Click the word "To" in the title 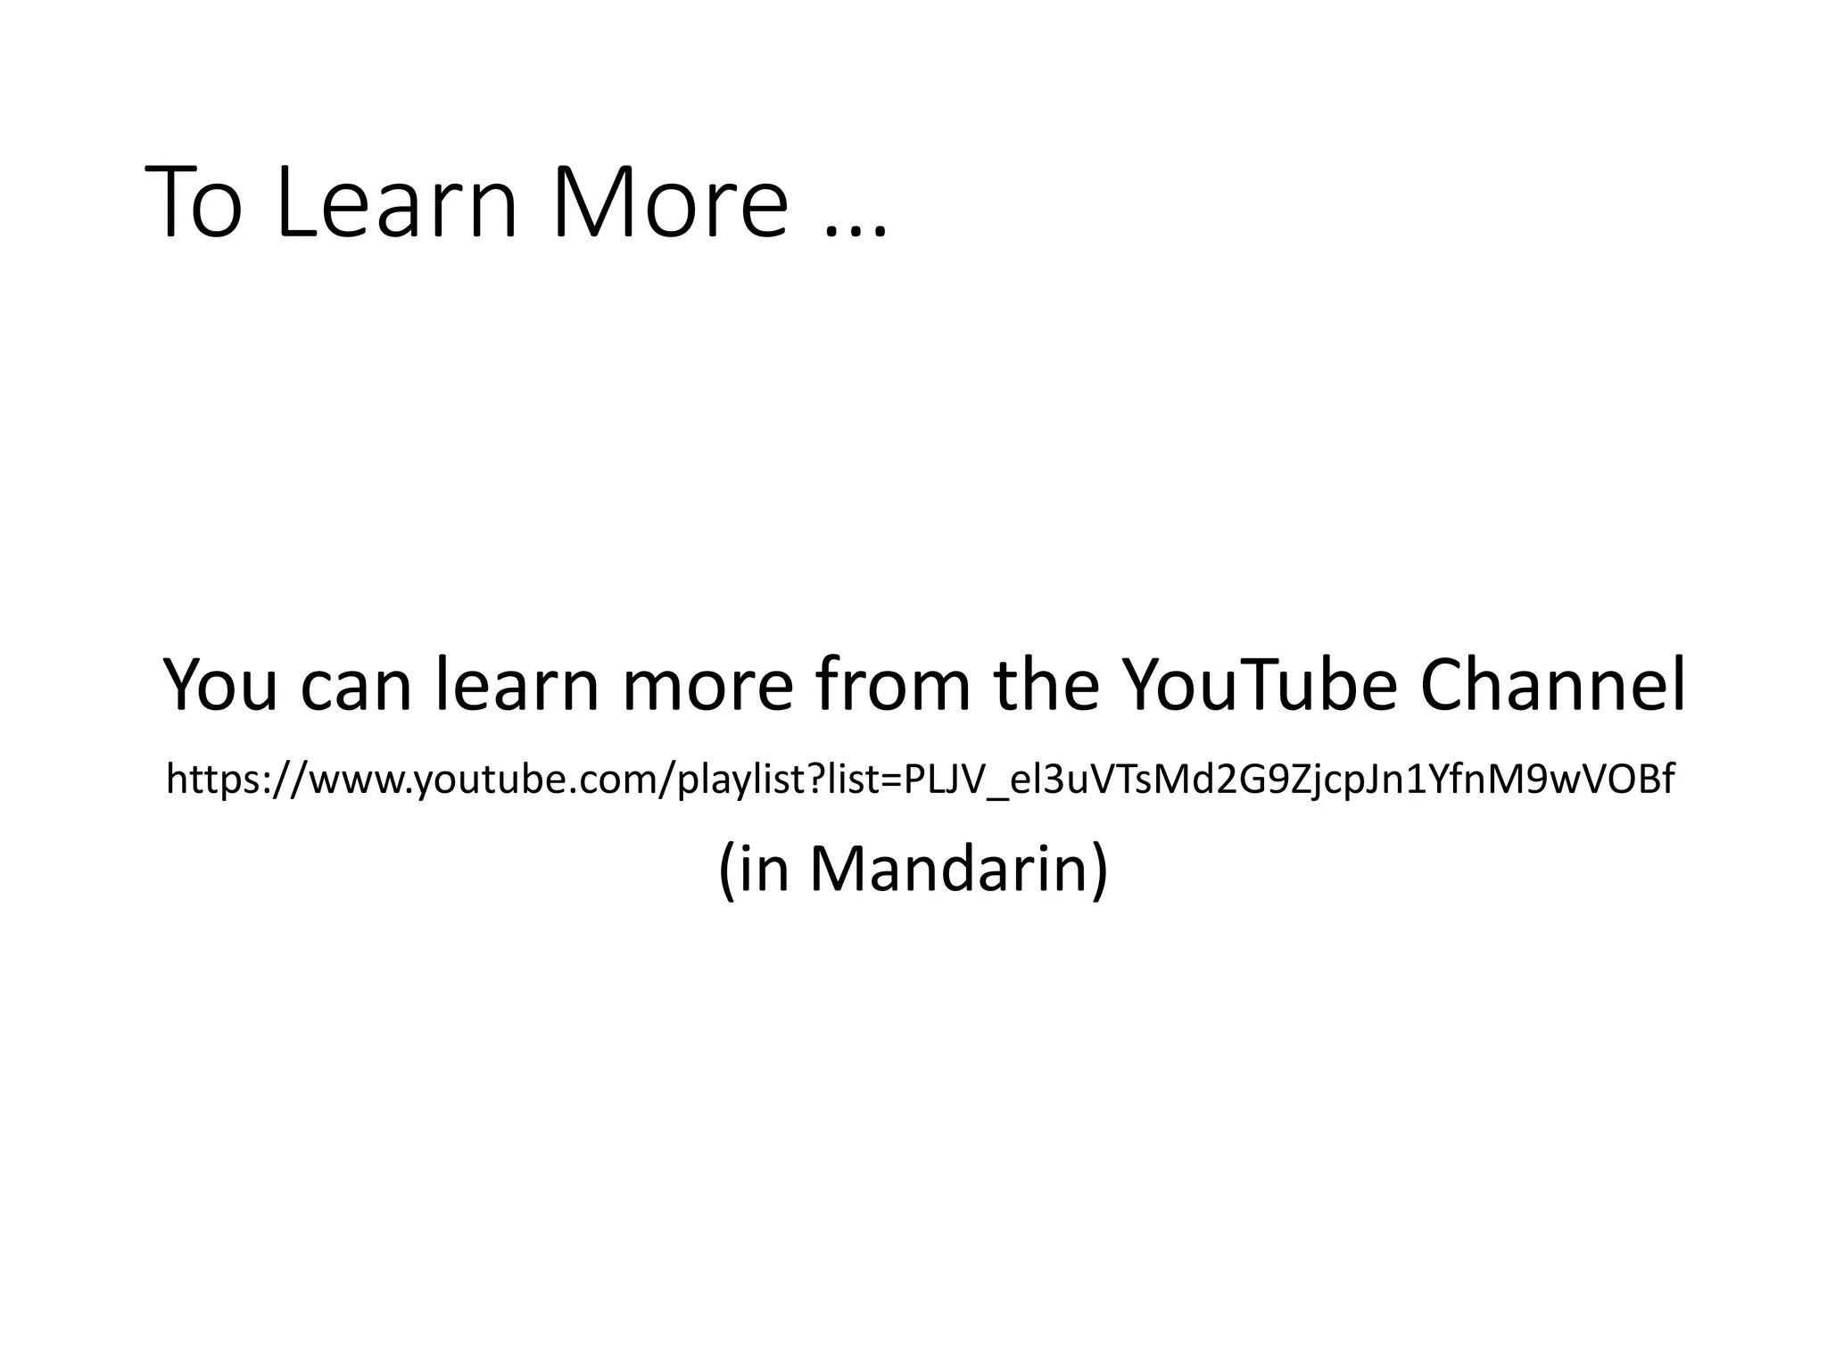pos(194,203)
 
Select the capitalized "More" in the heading pos(671,203)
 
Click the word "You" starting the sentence pos(221,685)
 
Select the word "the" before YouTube pos(1046,685)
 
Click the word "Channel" pos(1553,685)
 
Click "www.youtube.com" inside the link pos(481,780)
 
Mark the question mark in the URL pos(816,779)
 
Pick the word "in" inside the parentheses pos(765,870)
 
